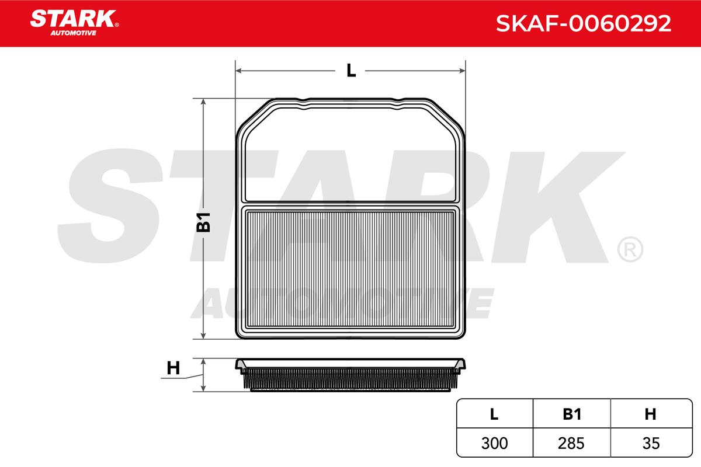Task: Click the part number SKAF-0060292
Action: (x=584, y=23)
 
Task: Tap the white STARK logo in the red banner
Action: (x=74, y=19)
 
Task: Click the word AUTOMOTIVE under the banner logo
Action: (x=74, y=33)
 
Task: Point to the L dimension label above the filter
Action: (x=351, y=71)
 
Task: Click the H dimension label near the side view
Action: (x=173, y=368)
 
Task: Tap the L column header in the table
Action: (x=494, y=414)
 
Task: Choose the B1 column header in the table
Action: (x=572, y=414)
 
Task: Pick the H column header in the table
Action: (x=650, y=414)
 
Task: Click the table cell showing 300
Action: (x=494, y=443)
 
